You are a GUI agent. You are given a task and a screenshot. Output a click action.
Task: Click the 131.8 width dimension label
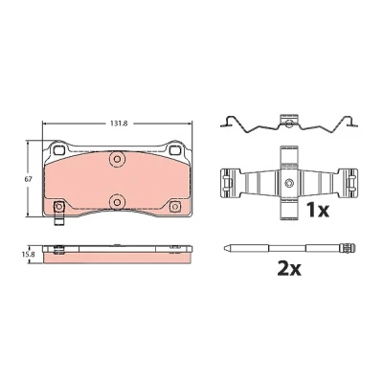pyautogui.click(x=119, y=124)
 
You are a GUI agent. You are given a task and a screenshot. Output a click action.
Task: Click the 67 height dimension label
pyautogui.click(x=29, y=179)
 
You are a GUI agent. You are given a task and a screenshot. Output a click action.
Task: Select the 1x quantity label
pyautogui.click(x=318, y=211)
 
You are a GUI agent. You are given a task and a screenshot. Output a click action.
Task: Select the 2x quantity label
pyautogui.click(x=289, y=270)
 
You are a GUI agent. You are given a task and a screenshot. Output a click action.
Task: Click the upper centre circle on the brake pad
pyautogui.click(x=117, y=159)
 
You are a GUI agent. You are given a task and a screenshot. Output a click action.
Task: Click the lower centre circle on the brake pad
pyautogui.click(x=117, y=202)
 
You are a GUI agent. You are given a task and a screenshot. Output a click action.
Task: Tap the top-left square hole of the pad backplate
pyautogui.click(x=58, y=149)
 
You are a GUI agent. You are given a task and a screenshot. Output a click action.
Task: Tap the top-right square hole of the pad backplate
pyautogui.click(x=174, y=149)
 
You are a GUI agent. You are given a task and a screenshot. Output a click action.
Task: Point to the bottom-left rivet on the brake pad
pyautogui.click(x=58, y=207)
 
